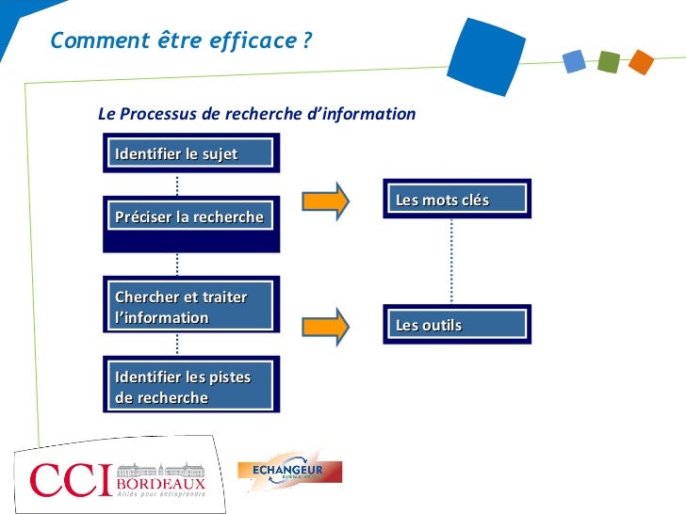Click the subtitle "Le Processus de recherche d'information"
point(256,114)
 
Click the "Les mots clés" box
point(456,200)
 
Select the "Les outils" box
point(456,325)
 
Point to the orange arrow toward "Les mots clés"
point(325,200)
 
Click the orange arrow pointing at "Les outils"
point(325,325)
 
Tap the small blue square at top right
point(574,61)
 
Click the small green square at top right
point(608,62)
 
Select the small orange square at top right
point(641,62)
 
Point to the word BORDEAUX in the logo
point(160,485)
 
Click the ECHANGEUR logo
point(289,471)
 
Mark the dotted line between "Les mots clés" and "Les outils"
point(452,262)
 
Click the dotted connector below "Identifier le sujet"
point(176,184)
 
